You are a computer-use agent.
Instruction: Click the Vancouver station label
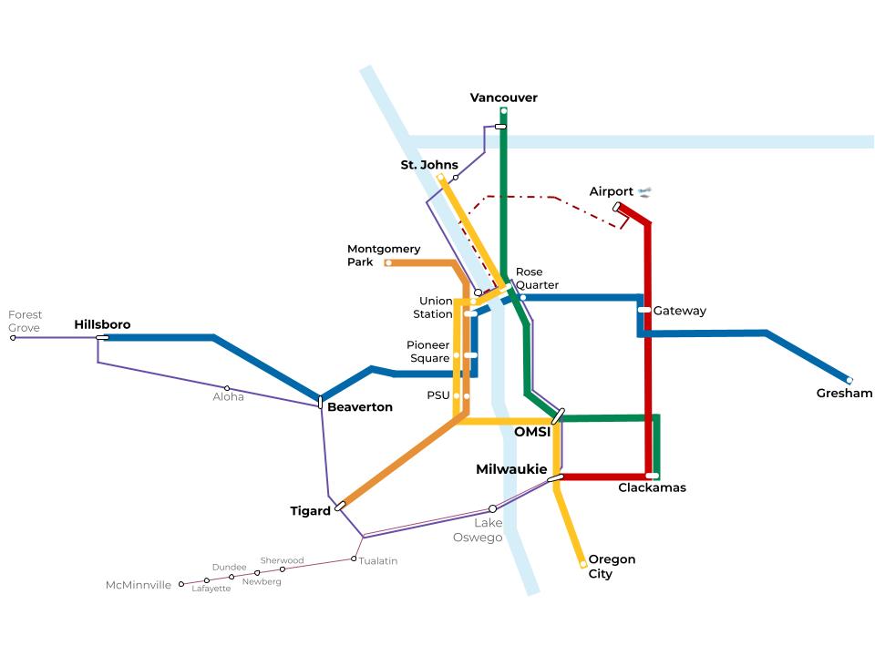(503, 97)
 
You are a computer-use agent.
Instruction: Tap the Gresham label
(844, 394)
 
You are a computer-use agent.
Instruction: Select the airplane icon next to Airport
(645, 191)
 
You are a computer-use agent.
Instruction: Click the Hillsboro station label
(102, 324)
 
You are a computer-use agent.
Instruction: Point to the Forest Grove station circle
(13, 338)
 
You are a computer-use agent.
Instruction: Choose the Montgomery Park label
(384, 255)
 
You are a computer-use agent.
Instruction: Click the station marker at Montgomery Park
(388, 263)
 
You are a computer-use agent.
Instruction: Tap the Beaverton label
(359, 407)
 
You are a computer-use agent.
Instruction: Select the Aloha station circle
(227, 388)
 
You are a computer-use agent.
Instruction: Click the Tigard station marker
(340, 506)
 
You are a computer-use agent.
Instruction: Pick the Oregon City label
(612, 567)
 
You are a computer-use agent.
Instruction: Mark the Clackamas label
(652, 487)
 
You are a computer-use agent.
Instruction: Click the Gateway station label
(679, 311)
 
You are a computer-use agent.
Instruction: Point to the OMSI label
(532, 432)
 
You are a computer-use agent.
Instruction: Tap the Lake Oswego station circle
(492, 508)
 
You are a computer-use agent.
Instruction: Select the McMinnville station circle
(181, 584)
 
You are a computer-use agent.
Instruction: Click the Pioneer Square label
(428, 351)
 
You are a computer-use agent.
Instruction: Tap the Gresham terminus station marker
(849, 380)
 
